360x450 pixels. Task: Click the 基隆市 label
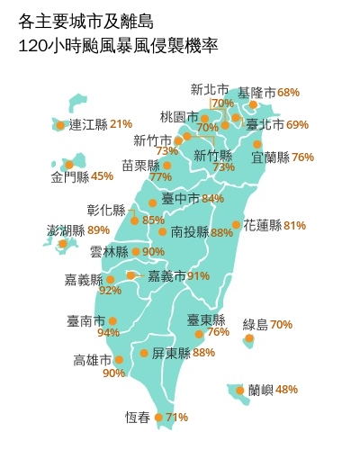coord(256,93)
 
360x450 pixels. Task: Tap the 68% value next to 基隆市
coord(288,93)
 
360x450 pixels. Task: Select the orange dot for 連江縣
coord(60,125)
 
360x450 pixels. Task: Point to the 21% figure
coord(121,124)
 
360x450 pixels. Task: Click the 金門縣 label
coord(70,176)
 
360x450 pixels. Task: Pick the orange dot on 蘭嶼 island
coord(239,390)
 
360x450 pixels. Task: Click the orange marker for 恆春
coord(158,418)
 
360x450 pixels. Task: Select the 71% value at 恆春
coord(176,418)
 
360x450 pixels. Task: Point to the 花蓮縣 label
coord(262,225)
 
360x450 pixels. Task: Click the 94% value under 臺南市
coord(108,333)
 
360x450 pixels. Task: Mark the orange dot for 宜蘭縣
coord(257,144)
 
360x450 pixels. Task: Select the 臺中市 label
coord(180,198)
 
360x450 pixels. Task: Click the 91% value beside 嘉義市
coord(198,275)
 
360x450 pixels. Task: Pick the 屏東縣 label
coord(171,353)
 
